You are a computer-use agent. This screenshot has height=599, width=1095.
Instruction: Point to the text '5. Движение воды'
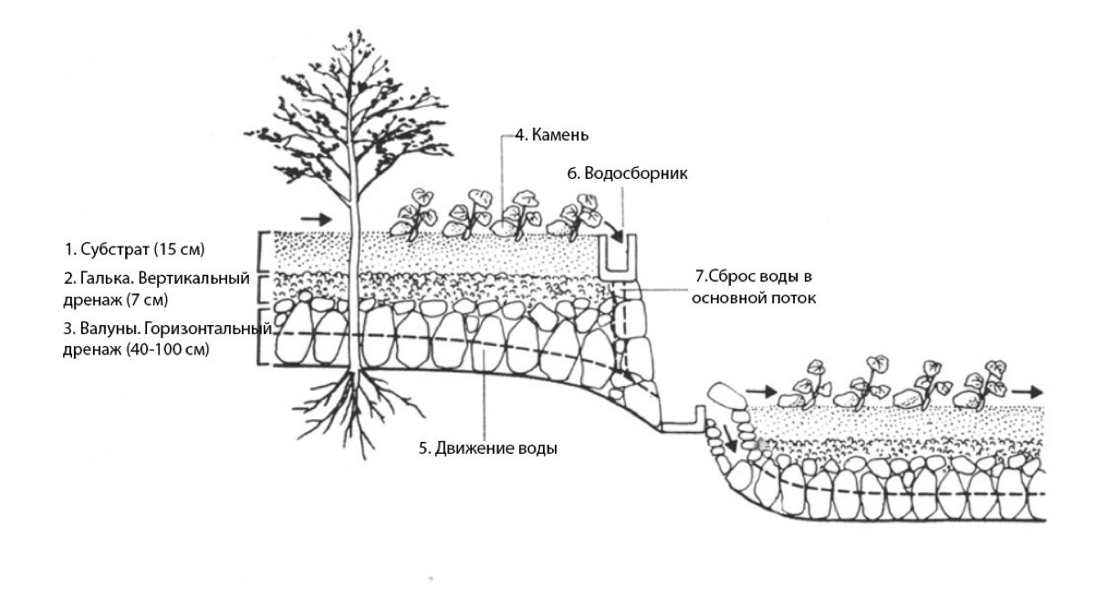[x=487, y=449]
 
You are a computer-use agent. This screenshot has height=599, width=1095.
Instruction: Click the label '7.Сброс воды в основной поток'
[x=746, y=286]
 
